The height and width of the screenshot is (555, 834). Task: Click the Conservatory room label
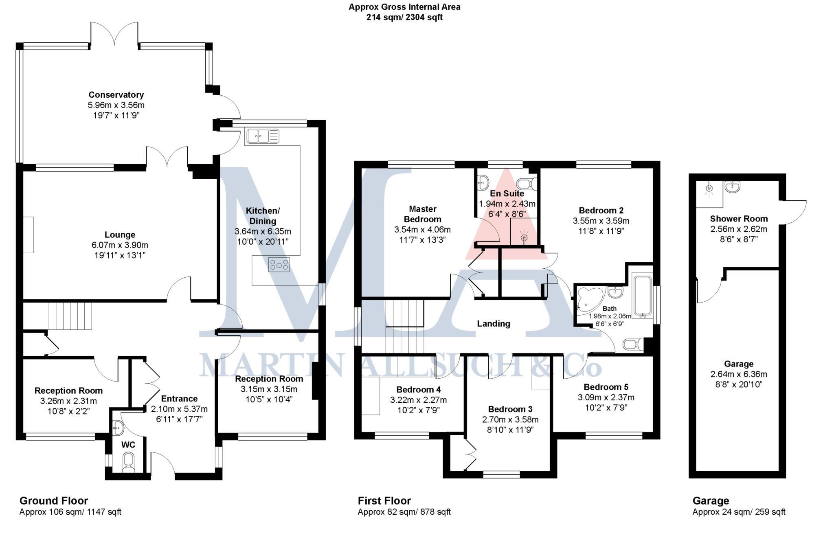116,95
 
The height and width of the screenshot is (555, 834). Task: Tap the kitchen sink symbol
262,136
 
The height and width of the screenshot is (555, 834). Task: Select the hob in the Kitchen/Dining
279,265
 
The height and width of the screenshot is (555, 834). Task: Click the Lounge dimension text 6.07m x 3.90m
120,245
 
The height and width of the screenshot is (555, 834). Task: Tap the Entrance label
179,399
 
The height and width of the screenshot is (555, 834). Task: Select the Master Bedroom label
422,214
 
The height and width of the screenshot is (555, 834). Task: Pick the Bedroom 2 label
601,211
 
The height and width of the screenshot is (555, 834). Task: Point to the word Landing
494,324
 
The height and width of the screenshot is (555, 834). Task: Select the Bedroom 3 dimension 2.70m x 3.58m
510,419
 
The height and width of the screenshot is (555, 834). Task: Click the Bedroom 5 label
606,387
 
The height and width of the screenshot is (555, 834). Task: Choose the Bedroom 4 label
418,390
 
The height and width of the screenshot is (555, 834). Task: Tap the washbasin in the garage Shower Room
732,187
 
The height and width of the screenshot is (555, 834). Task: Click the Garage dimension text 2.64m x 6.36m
739,374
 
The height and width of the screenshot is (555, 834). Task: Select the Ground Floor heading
54,501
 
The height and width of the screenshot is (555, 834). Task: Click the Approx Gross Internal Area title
404,7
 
